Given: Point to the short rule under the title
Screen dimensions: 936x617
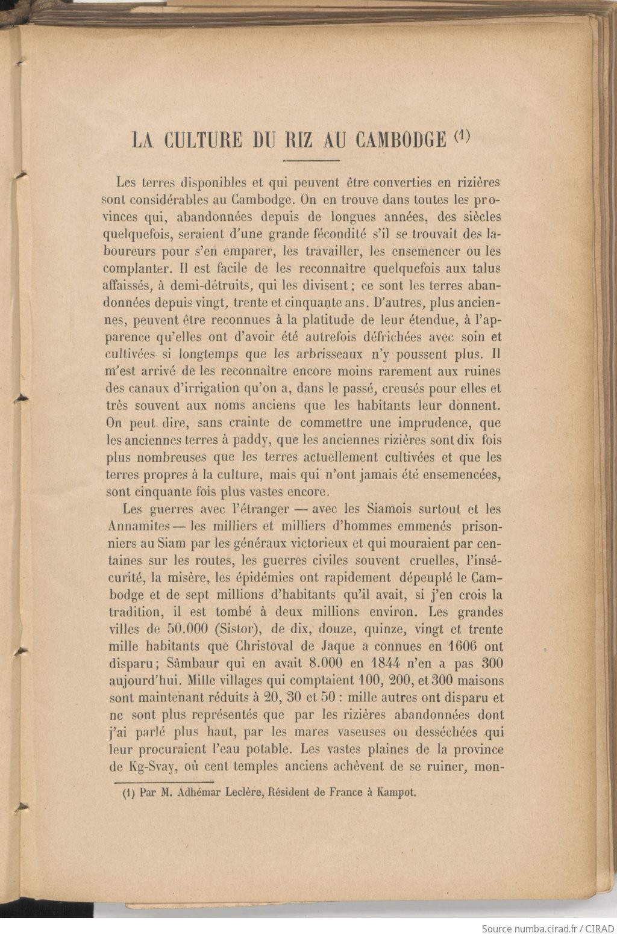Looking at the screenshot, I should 312,161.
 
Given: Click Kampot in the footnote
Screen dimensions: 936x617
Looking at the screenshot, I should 396,793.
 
